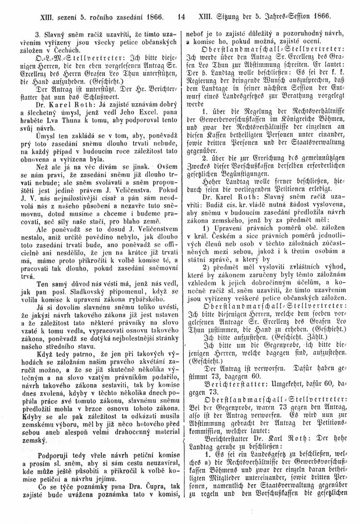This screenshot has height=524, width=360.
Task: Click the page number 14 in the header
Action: coord(181,16)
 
